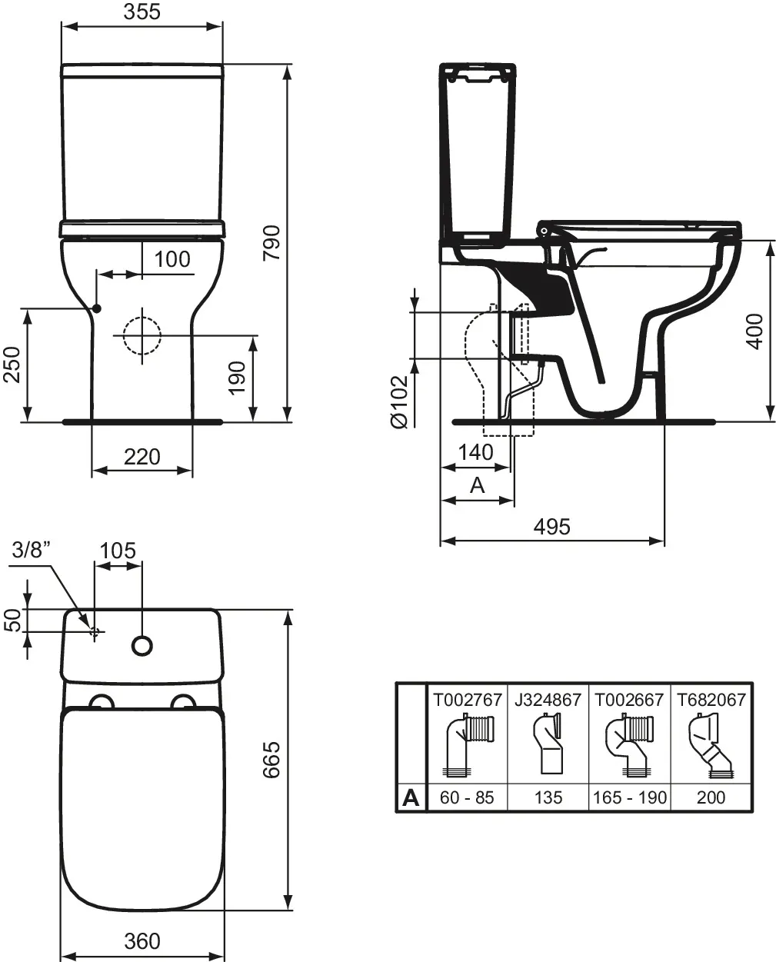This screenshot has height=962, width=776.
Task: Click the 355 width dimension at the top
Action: pos(142,12)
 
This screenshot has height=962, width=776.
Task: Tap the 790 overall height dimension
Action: pos(271,243)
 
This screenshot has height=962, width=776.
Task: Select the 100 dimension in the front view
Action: pos(172,259)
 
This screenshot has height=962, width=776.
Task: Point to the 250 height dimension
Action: pos(12,364)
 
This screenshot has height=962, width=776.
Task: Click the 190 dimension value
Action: pos(238,378)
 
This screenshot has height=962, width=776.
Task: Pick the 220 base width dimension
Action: pos(142,457)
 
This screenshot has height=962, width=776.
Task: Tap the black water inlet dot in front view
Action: pos(97,308)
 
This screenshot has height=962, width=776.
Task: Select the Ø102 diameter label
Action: pos(399,402)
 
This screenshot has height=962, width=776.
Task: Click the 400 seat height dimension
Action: pos(754,331)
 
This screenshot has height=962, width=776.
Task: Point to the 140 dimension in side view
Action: pos(476,452)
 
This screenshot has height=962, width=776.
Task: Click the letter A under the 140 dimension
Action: pos(478,485)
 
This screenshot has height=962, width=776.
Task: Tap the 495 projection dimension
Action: pos(552,527)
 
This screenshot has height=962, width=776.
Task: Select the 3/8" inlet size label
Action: pos(32,550)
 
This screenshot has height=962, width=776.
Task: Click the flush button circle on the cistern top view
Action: pos(142,645)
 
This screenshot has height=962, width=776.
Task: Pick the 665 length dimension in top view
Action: pos(271,760)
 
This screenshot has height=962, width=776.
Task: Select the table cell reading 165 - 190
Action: pos(630,797)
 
